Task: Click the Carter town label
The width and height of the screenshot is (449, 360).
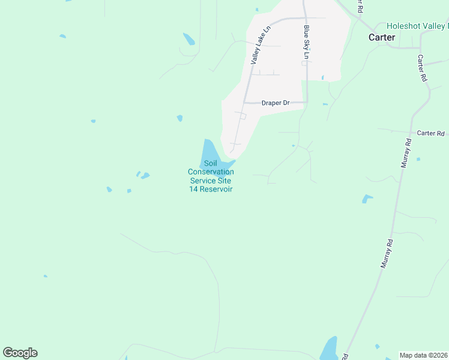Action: pyautogui.click(x=381, y=37)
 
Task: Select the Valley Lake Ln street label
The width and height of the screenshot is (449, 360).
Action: pyautogui.click(x=260, y=45)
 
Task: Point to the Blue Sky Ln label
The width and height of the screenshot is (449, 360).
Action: pyautogui.click(x=306, y=42)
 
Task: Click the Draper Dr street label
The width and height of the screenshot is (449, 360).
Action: pyautogui.click(x=276, y=103)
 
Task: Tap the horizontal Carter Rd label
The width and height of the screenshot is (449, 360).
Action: pyautogui.click(x=430, y=133)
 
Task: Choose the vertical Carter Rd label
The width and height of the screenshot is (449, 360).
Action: pyautogui.click(x=422, y=68)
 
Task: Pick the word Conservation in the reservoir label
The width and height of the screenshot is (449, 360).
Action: pyautogui.click(x=211, y=172)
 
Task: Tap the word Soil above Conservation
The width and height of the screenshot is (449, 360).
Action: pyautogui.click(x=210, y=163)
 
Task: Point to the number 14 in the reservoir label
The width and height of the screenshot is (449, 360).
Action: pyautogui.click(x=194, y=189)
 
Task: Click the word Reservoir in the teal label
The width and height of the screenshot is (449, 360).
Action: pyautogui.click(x=217, y=189)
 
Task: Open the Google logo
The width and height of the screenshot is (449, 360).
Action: pyautogui.click(x=20, y=353)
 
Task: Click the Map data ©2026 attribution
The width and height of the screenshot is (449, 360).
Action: pyautogui.click(x=423, y=355)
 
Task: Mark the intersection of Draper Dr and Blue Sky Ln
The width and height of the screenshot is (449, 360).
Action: pyautogui.click(x=307, y=103)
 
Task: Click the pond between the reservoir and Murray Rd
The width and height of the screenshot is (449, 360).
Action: pyautogui.click(x=367, y=199)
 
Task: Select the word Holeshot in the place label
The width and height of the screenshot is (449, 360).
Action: pyautogui.click(x=405, y=26)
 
